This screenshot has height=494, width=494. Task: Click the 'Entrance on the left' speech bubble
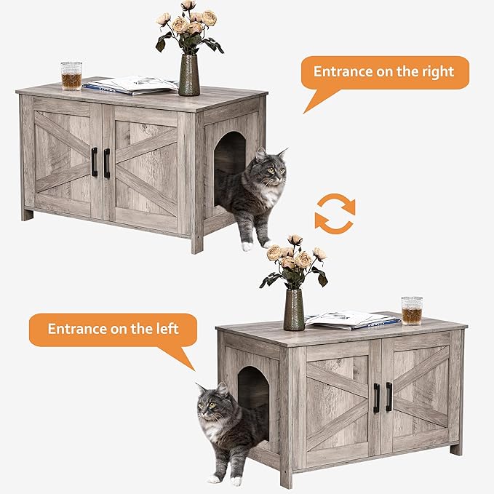(113, 329)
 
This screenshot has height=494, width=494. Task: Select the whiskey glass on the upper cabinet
(71, 76)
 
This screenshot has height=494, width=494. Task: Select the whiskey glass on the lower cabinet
(411, 310)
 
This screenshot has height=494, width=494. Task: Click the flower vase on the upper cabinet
(188, 75)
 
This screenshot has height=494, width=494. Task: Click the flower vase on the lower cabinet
(294, 310)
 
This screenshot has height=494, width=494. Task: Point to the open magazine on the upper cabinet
(131, 85)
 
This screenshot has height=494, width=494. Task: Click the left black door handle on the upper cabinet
(94, 162)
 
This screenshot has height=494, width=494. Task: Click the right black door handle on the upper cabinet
(107, 163)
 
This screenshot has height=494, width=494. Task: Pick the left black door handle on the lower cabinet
(376, 397)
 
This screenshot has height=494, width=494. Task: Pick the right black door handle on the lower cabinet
(389, 397)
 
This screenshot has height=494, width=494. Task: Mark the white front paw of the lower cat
(215, 479)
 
